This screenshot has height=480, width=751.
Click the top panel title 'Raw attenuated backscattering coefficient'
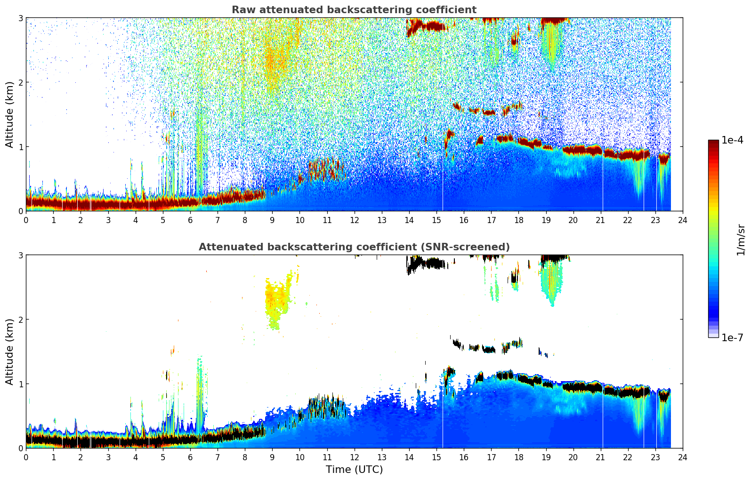click(x=354, y=10)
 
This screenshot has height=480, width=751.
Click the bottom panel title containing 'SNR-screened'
click(x=354, y=247)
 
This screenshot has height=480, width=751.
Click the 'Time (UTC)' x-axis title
click(x=354, y=470)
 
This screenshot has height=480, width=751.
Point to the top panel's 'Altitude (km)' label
click(x=10, y=114)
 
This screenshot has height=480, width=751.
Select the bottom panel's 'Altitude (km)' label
click(x=10, y=352)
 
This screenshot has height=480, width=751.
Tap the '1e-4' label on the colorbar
click(x=732, y=140)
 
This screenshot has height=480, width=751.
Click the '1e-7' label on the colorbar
click(x=732, y=338)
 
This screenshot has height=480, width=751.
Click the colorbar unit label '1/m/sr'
click(x=741, y=240)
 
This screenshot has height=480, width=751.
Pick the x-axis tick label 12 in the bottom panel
click(x=354, y=457)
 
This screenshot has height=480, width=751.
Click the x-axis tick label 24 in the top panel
click(x=682, y=220)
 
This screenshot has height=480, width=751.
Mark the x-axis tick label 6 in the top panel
click(x=190, y=220)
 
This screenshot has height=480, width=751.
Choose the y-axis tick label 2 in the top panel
click(x=20, y=82)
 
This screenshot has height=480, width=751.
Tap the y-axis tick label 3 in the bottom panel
click(x=20, y=255)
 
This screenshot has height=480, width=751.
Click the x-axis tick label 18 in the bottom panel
click(x=518, y=457)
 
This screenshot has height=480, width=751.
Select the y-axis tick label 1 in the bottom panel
click(x=20, y=384)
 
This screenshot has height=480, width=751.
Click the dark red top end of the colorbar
click(x=713, y=142)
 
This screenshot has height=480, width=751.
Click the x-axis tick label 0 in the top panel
click(x=26, y=220)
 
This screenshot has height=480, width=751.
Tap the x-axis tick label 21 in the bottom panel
click(x=600, y=457)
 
